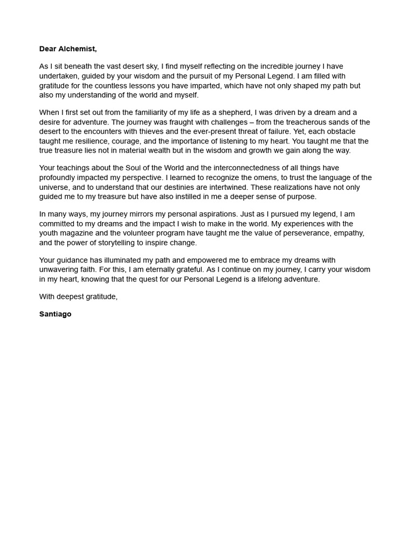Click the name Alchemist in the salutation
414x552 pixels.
click(78, 49)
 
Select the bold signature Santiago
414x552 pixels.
click(55, 314)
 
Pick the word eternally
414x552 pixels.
click(157, 270)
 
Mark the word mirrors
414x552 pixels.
click(129, 214)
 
